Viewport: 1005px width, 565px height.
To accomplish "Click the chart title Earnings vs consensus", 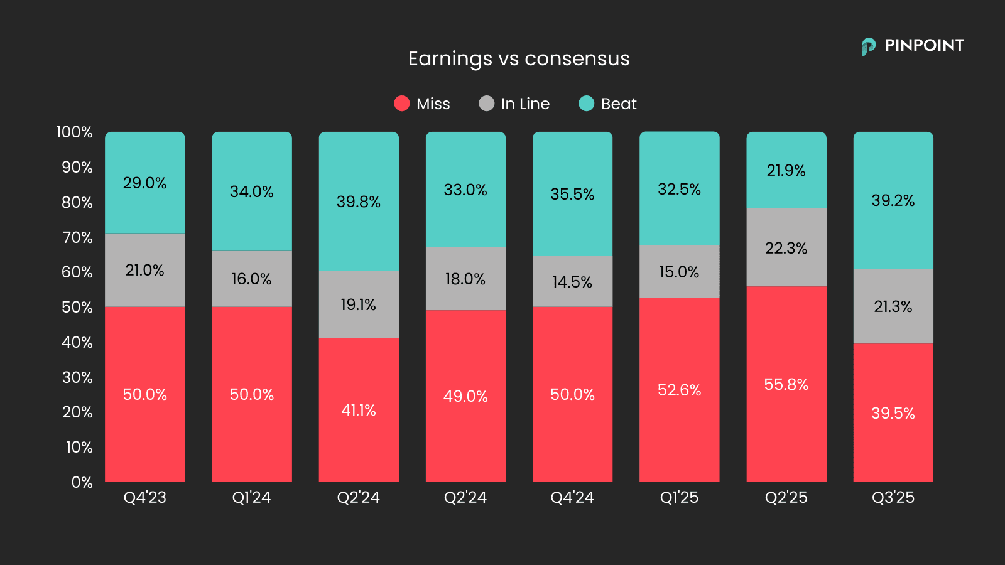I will (x=519, y=58).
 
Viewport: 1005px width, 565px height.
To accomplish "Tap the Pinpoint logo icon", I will (x=869, y=46).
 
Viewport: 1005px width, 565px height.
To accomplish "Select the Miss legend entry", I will (x=422, y=104).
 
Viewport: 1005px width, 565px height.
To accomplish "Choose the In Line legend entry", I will (x=514, y=104).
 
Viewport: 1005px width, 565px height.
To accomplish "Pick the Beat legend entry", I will (x=607, y=104).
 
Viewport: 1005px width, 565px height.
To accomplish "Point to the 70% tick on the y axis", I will (x=77, y=237).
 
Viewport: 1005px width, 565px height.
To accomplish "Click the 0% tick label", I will (x=82, y=482).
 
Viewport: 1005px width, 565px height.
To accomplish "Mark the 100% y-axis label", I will (x=74, y=132).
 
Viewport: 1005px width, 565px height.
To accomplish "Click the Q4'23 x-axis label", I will (x=145, y=497).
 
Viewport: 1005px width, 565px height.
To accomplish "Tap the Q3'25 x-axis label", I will (x=893, y=497).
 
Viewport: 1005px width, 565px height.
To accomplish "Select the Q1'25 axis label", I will (x=679, y=497).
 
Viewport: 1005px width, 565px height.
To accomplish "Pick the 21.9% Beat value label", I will (x=786, y=170).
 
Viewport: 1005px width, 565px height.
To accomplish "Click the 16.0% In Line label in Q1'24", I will (x=251, y=279).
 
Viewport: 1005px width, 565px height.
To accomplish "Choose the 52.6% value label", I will (x=679, y=390).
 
